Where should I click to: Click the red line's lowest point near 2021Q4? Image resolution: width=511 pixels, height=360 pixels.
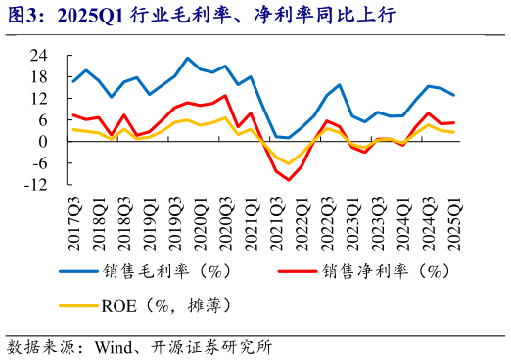coord(289,180)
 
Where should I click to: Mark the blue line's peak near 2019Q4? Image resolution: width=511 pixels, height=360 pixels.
coord(188,58)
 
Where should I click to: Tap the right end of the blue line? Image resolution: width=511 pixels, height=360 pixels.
coord(453,95)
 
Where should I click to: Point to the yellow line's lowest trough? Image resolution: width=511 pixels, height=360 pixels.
coord(289,163)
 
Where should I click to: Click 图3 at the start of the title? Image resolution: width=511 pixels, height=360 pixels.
coord(23,14)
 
